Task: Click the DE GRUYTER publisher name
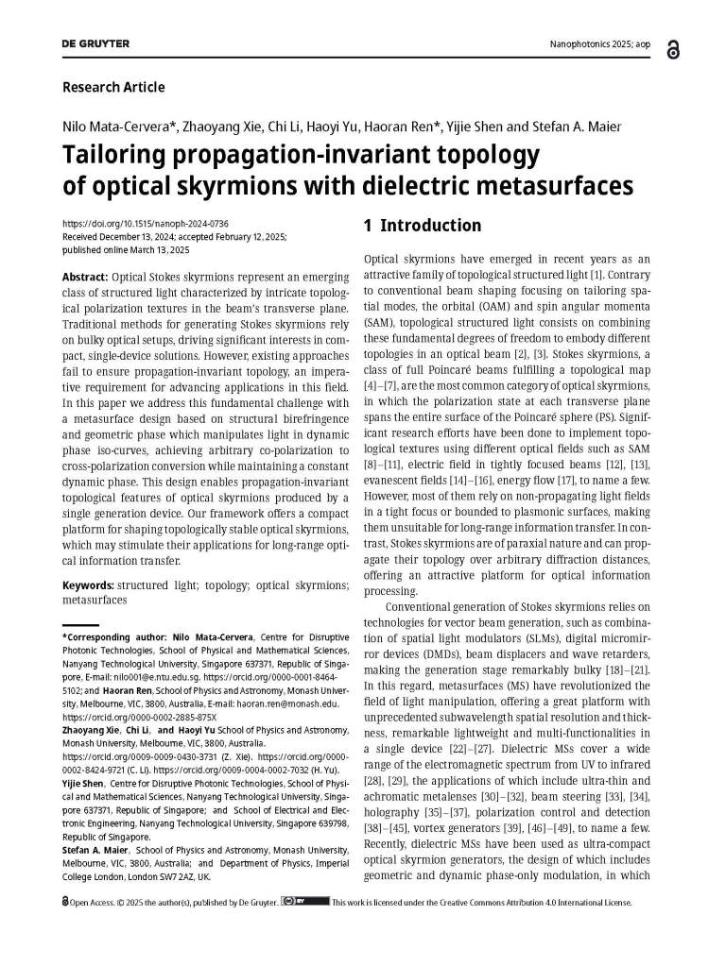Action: pyautogui.click(x=95, y=44)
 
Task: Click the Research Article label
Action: pyautogui.click(x=113, y=88)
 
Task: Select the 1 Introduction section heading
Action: pyautogui.click(x=423, y=226)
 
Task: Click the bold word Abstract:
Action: pyautogui.click(x=84, y=279)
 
